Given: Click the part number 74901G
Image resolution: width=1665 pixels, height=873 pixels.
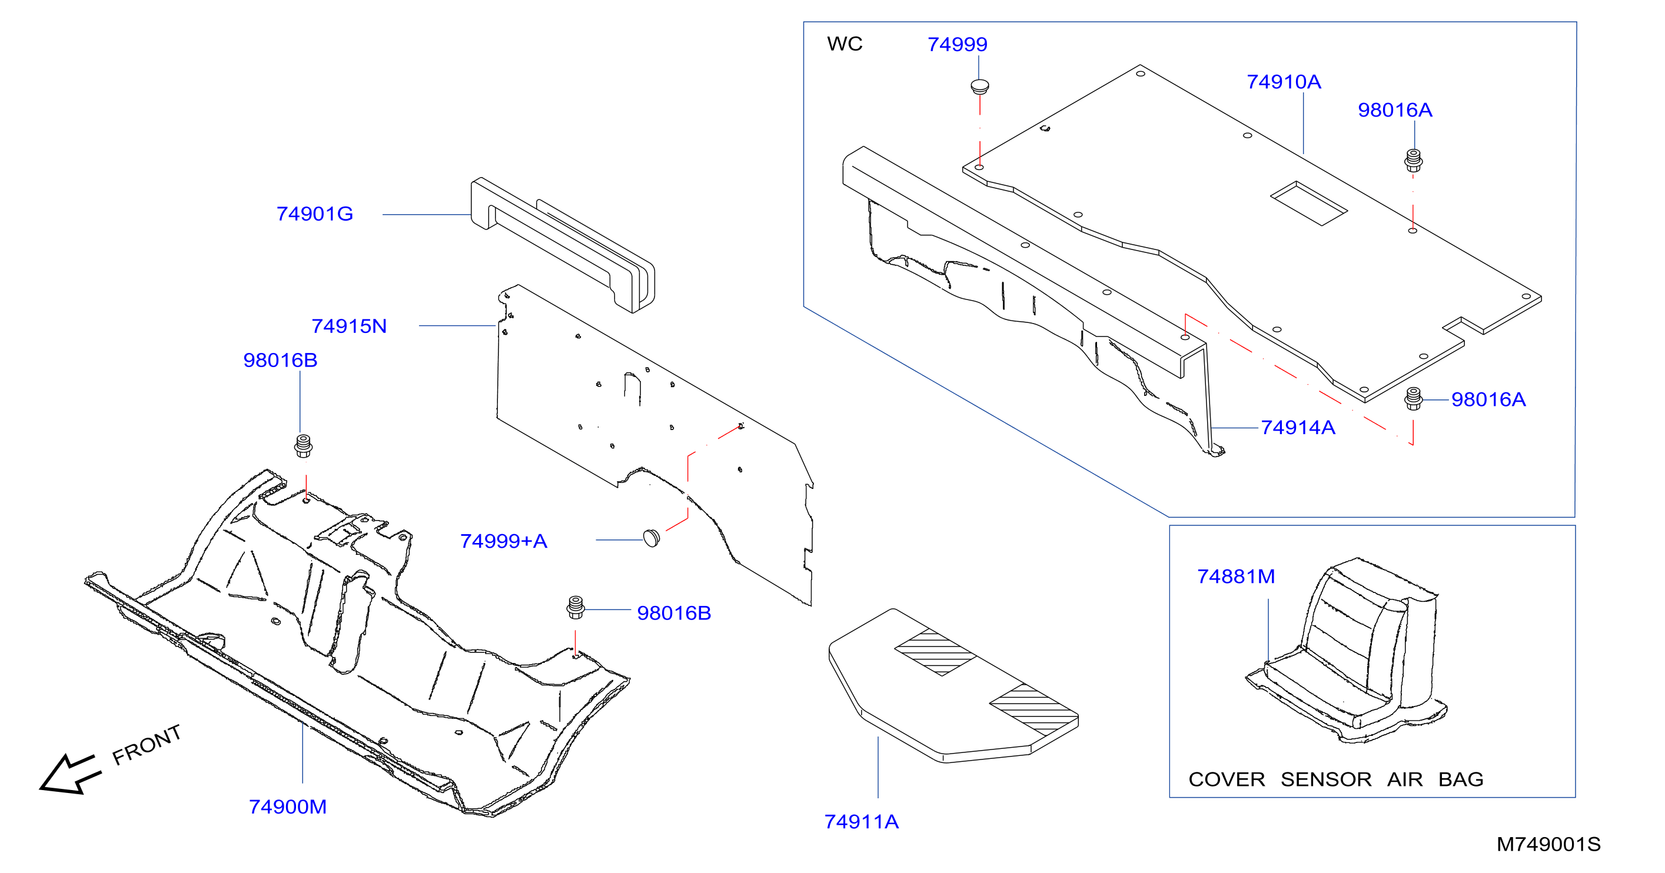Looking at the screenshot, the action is (315, 214).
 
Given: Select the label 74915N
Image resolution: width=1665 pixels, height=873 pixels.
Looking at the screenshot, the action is (349, 326).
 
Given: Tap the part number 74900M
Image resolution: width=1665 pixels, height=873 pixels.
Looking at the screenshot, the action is (288, 807).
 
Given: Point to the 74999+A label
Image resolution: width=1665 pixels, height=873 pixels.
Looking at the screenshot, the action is (504, 541).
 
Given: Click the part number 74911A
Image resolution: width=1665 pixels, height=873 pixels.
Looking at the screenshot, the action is (862, 822).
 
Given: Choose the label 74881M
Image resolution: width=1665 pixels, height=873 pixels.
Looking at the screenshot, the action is (1236, 577).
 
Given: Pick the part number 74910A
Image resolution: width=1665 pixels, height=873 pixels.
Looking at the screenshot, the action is (1284, 82).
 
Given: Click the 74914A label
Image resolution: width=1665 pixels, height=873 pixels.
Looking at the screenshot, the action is (1298, 428).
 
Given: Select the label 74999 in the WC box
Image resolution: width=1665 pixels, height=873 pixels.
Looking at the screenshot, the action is (957, 45).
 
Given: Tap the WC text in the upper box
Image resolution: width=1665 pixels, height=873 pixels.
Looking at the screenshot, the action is (845, 44).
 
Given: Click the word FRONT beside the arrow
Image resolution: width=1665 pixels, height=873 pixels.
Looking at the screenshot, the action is (147, 745).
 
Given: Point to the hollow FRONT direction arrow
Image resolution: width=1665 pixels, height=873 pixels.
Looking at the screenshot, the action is (70, 774).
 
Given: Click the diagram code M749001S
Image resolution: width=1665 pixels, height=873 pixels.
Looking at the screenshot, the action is (1548, 845).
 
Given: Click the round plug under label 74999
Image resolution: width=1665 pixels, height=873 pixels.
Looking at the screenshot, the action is (980, 87).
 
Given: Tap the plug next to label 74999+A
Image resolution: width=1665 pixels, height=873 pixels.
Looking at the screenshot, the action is (652, 538).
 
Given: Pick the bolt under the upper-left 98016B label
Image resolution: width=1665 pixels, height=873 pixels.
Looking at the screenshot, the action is (303, 446).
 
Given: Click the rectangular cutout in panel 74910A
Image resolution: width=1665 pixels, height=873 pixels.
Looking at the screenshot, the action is (1309, 204).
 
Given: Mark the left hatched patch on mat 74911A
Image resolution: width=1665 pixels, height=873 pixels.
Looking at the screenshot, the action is (936, 652).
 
